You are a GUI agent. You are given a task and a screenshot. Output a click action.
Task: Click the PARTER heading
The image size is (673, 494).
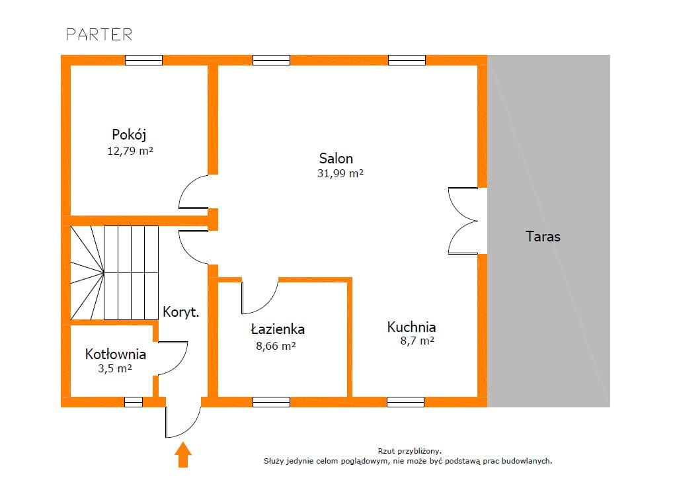click(99, 35)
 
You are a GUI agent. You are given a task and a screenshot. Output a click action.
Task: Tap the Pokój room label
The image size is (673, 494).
click(129, 135)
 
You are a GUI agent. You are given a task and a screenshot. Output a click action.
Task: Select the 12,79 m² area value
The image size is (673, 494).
click(130, 151)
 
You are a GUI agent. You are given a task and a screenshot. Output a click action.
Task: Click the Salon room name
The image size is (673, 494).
click(336, 158)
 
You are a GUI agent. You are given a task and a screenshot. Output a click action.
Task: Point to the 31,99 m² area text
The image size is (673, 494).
click(340, 173)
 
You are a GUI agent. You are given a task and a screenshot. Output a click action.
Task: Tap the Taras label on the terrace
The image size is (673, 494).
click(543, 237)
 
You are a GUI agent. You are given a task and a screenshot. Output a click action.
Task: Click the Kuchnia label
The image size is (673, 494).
click(411, 327)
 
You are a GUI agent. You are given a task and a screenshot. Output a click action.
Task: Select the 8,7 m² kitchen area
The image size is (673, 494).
click(417, 341)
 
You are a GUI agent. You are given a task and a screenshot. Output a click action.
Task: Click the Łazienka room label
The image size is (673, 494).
click(278, 329)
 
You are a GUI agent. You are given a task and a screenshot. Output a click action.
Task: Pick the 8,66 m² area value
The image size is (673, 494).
click(276, 345)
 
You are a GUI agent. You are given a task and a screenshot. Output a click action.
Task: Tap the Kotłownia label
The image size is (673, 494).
click(116, 354)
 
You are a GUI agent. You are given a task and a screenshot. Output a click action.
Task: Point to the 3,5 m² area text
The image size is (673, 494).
click(114, 368)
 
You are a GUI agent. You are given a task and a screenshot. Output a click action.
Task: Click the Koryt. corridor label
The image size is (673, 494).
click(180, 312)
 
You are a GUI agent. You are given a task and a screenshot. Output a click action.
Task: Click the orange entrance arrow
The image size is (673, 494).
click(183, 454)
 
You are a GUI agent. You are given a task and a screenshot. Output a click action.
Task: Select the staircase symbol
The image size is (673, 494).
click(114, 273)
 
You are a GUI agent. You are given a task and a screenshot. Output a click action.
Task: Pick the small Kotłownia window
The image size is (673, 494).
click(134, 401)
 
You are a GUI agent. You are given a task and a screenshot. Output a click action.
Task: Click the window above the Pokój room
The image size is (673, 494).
click(143, 60)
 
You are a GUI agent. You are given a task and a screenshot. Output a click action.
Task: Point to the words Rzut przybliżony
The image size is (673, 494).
click(409, 451)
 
